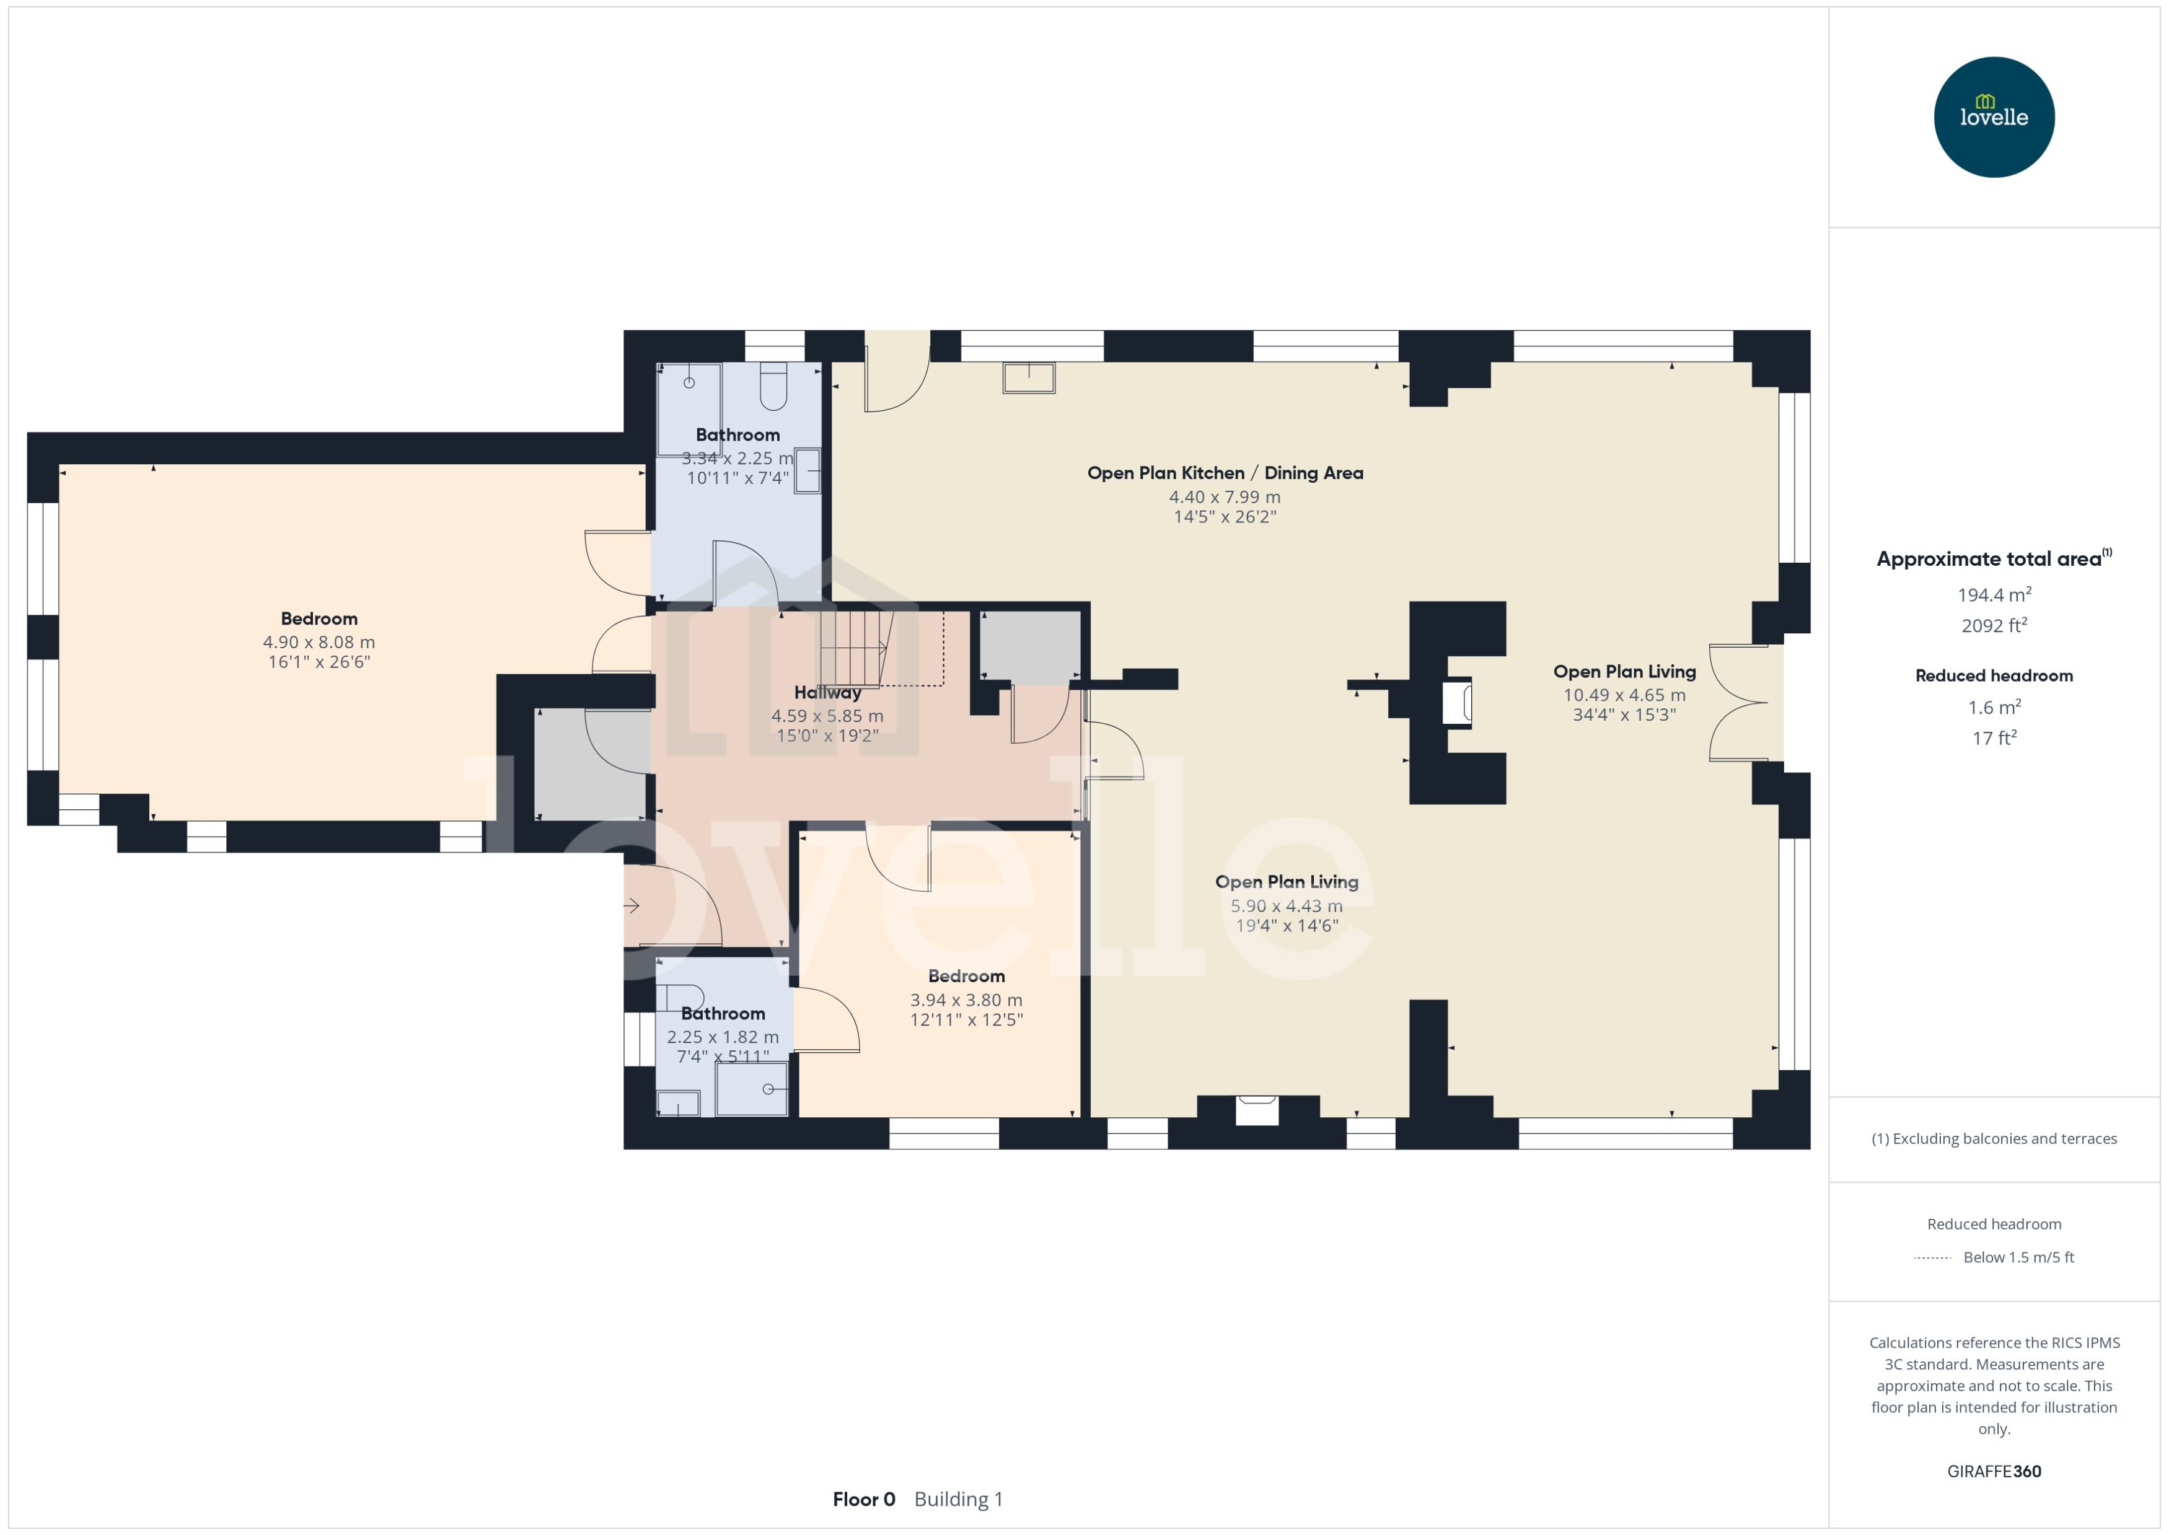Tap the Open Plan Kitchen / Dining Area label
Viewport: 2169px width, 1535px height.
[1225, 473]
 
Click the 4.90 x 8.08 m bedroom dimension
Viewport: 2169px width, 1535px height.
[319, 642]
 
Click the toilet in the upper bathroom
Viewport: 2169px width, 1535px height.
[773, 385]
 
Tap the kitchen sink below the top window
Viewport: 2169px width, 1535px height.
[1028, 377]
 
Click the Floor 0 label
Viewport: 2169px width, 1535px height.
[863, 1499]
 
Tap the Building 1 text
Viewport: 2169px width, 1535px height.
[958, 1499]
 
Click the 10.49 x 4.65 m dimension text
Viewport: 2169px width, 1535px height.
[1624, 695]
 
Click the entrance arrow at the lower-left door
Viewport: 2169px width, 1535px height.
[631, 905]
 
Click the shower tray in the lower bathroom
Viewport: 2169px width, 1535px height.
[751, 1088]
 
